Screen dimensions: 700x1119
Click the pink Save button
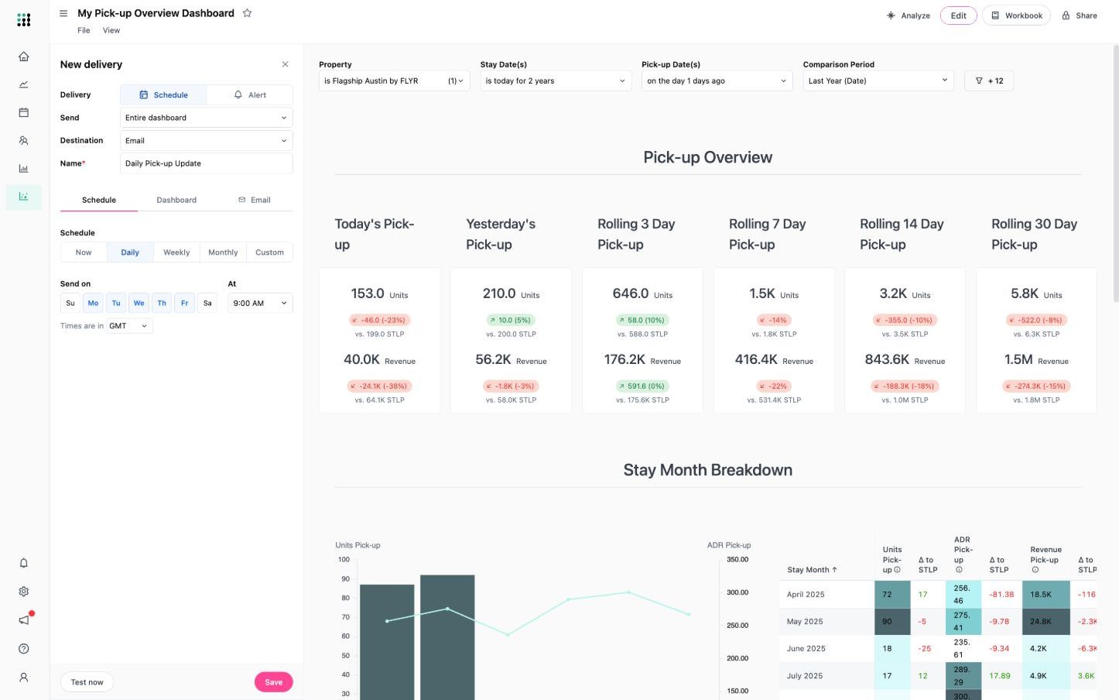pos(273,682)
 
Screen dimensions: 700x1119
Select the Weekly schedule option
pos(176,252)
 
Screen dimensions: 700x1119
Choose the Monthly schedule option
pos(223,252)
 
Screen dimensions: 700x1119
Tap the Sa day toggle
pos(207,304)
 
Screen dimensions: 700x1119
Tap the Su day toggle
pos(70,304)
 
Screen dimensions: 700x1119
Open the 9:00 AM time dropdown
pos(259,304)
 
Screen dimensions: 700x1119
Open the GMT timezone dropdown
pos(128,326)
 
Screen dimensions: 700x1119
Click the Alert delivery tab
pos(250,95)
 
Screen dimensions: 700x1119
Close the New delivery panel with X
pos(285,64)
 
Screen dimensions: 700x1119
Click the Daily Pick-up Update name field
pos(206,163)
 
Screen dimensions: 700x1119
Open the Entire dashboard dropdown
pos(206,118)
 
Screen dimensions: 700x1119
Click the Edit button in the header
pos(958,15)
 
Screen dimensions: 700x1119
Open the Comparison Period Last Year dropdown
pos(878,81)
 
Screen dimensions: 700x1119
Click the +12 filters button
pos(989,81)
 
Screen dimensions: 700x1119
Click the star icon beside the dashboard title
pos(247,13)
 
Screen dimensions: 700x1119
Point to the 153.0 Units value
pos(368,293)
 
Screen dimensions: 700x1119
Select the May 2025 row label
pos(805,622)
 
